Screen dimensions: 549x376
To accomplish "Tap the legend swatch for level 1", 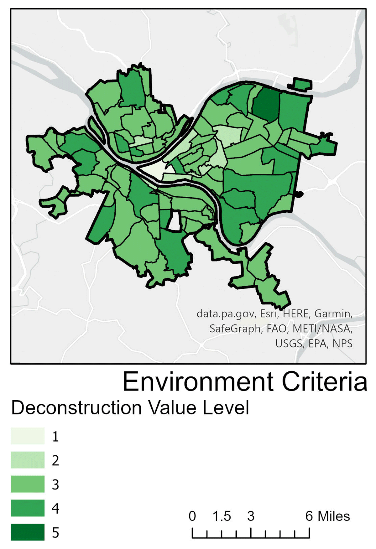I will (x=28, y=436).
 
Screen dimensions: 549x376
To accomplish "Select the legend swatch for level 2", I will (x=28, y=460).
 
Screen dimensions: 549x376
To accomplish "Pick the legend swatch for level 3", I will (x=28, y=484).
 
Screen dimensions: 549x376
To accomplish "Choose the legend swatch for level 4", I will (x=28, y=508).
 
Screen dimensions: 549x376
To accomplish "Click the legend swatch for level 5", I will (x=28, y=532).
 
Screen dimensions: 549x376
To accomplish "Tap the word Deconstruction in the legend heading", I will (x=77, y=408).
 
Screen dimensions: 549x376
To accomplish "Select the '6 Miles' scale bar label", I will (x=327, y=516).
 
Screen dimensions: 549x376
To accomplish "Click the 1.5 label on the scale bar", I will (x=222, y=516).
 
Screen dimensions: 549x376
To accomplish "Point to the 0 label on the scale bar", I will (x=192, y=516).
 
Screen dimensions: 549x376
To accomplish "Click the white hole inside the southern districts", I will (x=175, y=221).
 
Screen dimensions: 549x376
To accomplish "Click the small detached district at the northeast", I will (x=302, y=85).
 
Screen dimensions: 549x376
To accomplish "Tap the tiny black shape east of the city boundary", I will (x=299, y=194).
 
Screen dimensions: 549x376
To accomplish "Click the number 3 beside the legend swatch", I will (x=55, y=484).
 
